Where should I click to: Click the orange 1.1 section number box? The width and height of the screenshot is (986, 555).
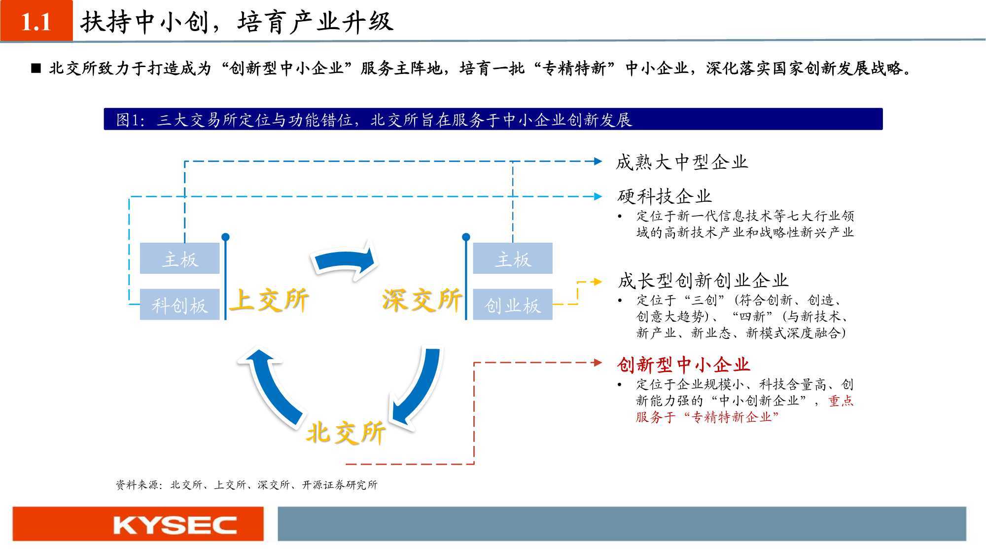[x=36, y=20]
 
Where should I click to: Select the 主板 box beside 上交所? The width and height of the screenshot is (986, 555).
[x=180, y=258]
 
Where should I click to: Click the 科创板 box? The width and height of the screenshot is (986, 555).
[x=180, y=304]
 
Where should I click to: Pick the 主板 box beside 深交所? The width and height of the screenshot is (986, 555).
[x=513, y=258]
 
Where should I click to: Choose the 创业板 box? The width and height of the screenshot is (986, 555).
[x=513, y=304]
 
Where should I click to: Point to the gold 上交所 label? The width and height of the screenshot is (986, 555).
[x=270, y=300]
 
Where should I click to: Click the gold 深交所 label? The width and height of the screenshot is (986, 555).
[x=422, y=300]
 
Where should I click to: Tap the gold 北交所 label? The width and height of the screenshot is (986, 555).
[x=346, y=433]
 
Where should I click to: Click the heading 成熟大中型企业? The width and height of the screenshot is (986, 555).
[x=682, y=162]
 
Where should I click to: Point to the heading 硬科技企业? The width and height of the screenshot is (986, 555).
[x=665, y=196]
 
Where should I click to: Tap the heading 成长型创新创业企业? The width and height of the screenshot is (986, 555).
[x=703, y=281]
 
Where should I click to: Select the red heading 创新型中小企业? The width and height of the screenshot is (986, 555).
[x=683, y=365]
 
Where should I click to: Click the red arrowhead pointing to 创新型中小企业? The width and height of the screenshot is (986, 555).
[x=598, y=363]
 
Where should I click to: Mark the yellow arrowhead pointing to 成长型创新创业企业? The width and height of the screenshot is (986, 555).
[x=598, y=282]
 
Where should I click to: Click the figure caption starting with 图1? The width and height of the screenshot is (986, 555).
[x=374, y=120]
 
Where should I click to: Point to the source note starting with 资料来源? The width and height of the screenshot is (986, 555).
[x=246, y=485]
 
